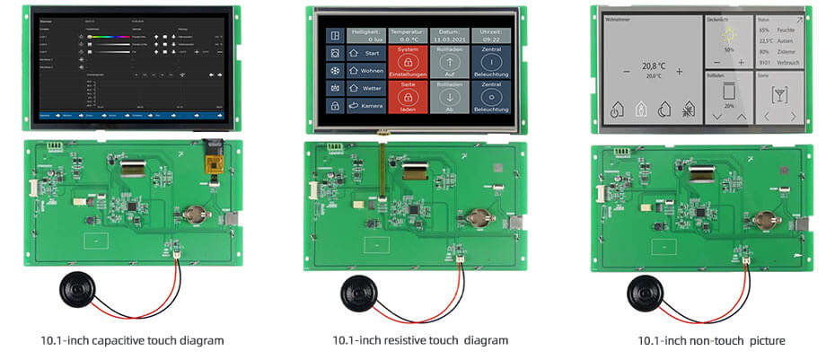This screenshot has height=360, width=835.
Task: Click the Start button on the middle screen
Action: (365, 52)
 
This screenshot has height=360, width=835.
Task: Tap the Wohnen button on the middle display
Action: (365, 70)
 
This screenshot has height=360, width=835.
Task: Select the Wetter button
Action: (365, 88)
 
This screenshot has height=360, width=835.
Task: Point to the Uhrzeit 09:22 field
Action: (491, 35)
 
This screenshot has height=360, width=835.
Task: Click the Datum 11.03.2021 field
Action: (450, 35)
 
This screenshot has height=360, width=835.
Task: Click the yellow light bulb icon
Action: (728, 35)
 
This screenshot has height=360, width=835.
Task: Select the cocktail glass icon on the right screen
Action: (779, 94)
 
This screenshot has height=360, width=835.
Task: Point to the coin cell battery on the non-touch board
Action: (765, 216)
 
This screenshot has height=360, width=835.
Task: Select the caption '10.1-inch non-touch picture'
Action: (711, 340)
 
